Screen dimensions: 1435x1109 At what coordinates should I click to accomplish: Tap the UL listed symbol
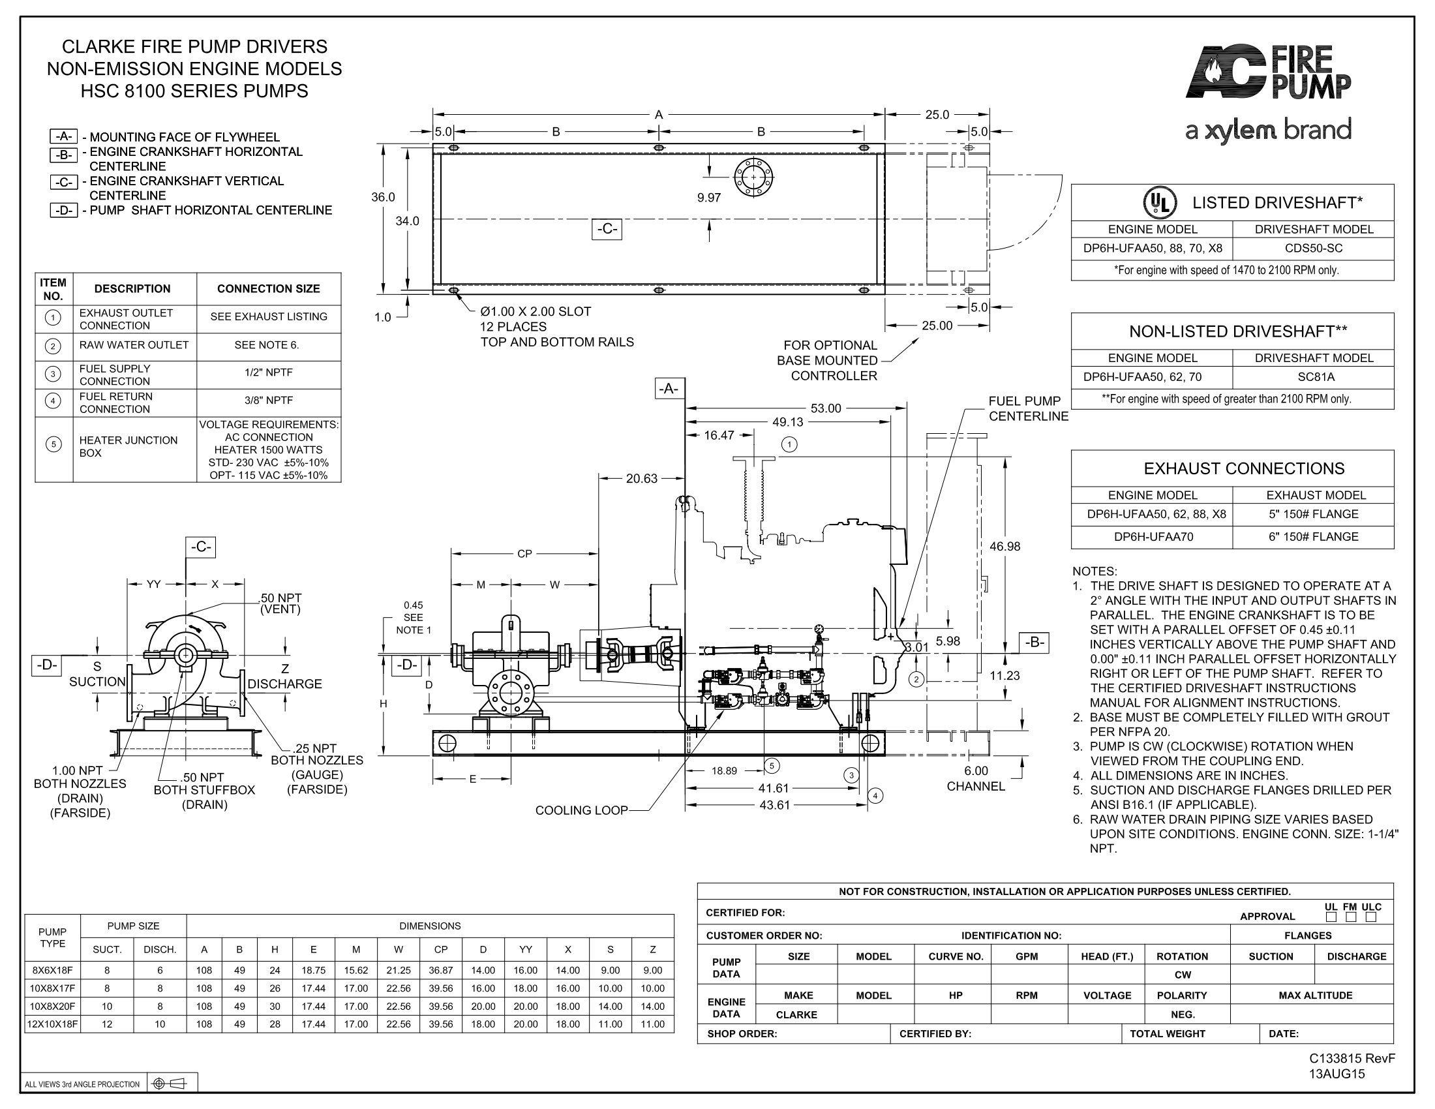[1160, 202]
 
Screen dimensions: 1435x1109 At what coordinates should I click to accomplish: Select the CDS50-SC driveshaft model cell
[1314, 249]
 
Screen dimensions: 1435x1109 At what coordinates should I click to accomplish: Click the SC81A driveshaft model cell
[1314, 377]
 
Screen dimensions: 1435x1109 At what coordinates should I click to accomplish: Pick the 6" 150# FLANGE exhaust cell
[1314, 537]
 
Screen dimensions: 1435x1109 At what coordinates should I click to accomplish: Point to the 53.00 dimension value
[825, 408]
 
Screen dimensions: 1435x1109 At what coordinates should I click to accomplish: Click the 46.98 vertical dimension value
[1004, 546]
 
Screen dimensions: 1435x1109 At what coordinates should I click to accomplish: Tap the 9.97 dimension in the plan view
[709, 198]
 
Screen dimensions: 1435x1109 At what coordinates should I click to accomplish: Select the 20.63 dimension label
[641, 478]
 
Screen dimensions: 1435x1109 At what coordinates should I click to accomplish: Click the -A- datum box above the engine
[669, 389]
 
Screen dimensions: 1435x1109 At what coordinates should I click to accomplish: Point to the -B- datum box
[1035, 642]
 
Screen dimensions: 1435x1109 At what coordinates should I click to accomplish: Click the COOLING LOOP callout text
[581, 810]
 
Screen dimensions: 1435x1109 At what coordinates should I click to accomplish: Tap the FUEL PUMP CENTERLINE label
[1028, 408]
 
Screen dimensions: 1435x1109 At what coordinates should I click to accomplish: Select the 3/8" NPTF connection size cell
[269, 400]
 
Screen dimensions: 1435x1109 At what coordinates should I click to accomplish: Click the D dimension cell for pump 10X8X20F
[483, 1006]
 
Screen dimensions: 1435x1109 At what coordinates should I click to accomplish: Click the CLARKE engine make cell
[797, 1014]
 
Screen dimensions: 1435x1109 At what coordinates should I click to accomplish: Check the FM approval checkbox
[1350, 917]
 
